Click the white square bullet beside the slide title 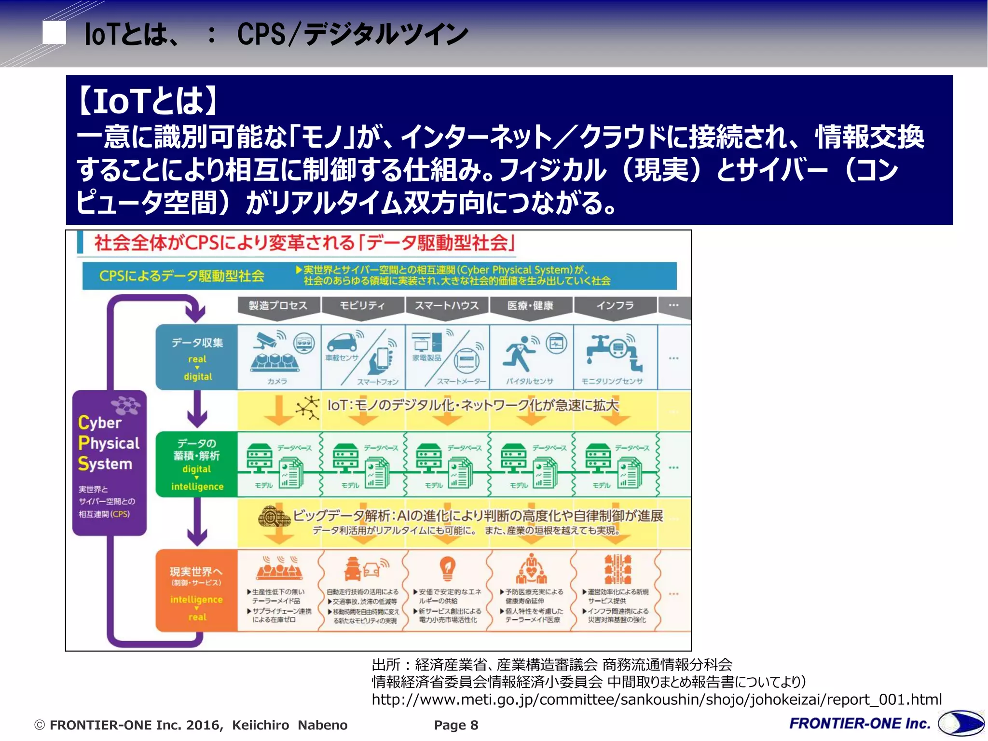[54, 33]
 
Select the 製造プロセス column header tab [278, 305]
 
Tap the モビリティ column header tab [362, 305]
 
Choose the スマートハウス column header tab [447, 305]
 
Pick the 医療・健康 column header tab [531, 305]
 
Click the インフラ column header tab [615, 305]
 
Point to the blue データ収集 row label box [197, 357]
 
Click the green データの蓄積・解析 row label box [197, 464]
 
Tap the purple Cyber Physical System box [109, 463]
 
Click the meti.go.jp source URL [656, 700]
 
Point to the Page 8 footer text [456, 725]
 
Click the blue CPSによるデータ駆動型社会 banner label [182, 276]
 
